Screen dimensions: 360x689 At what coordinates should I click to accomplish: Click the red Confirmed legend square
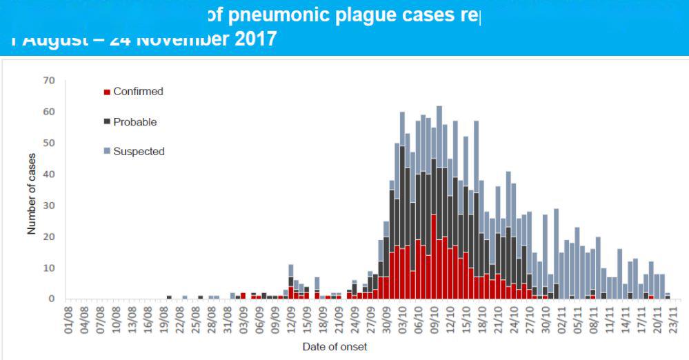106,92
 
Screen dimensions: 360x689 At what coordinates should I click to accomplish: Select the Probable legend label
135,122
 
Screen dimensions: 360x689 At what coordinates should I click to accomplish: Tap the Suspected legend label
139,152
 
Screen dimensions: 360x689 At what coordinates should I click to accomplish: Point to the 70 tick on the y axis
49,81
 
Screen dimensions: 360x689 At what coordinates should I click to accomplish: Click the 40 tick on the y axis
49,174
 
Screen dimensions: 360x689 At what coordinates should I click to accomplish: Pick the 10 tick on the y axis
49,268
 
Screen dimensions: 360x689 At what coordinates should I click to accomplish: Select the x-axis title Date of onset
334,347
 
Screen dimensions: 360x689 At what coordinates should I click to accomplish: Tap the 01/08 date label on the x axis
69,318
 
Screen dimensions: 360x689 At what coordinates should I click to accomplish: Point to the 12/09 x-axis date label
292,318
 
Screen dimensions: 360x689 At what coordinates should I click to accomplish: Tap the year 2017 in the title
250,39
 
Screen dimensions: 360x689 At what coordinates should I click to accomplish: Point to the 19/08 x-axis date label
165,318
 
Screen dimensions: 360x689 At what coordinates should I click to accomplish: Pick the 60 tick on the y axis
49,112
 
